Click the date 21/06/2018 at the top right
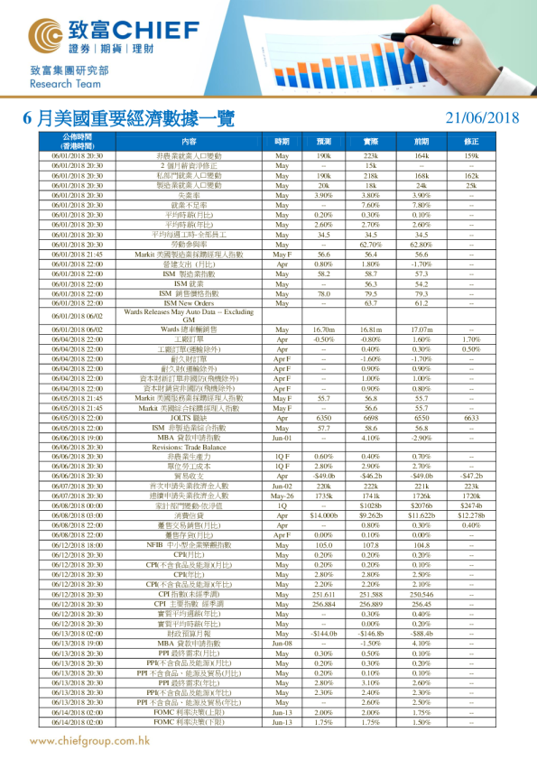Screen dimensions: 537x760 tap(484, 117)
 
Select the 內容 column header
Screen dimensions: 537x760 tap(189, 142)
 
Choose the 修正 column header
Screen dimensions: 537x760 tap(470, 142)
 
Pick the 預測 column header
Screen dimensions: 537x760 tap(324, 142)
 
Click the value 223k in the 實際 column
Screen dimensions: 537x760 tap(370, 156)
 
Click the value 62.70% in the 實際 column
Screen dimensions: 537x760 tap(370, 244)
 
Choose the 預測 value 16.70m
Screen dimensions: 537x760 tap(324, 330)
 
